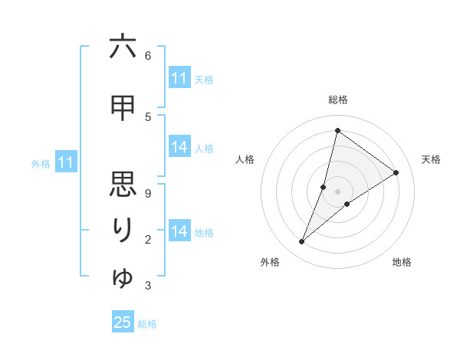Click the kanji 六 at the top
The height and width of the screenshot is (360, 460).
click(123, 47)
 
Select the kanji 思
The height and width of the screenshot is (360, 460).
click(123, 185)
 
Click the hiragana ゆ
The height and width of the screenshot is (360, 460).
click(123, 277)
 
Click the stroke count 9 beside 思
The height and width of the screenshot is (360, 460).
click(148, 193)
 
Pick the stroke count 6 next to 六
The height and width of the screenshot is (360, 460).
click(148, 55)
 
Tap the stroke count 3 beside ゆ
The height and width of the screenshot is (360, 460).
click(148, 286)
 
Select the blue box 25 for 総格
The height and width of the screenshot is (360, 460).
click(123, 322)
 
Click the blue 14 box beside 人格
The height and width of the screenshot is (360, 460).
click(179, 147)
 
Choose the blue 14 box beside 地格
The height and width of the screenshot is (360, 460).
click(179, 231)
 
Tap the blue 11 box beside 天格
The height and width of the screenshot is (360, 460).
click(179, 78)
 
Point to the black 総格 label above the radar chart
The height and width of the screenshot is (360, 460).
click(337, 100)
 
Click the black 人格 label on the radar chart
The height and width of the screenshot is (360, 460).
click(245, 159)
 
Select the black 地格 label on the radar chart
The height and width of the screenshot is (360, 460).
click(402, 262)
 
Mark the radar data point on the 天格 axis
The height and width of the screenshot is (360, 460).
click(396, 173)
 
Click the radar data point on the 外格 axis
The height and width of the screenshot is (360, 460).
click(302, 242)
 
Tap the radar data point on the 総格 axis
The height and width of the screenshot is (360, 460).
click(337, 131)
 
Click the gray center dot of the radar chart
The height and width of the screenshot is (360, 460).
click(337, 191)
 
